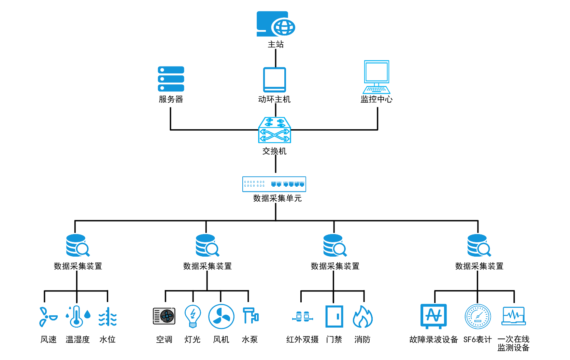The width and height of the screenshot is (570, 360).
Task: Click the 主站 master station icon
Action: [x=275, y=24]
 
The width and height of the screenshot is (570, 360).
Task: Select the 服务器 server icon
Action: [x=171, y=79]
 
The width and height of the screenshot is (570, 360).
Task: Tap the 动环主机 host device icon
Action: [x=274, y=80]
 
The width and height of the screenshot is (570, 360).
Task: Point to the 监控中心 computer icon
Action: [x=376, y=77]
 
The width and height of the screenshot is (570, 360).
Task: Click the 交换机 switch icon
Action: [x=275, y=130]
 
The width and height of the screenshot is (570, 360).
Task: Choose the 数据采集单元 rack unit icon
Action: [x=274, y=184]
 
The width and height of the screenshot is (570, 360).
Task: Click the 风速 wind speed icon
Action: [x=47, y=317]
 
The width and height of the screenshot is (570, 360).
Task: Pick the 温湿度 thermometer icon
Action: [x=78, y=317]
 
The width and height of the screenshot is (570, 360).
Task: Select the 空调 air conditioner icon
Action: [x=164, y=316]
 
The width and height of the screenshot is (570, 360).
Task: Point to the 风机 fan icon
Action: [x=221, y=317]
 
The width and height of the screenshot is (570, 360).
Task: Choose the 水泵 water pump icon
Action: [x=251, y=316]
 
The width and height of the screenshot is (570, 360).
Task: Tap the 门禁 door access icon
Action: [x=334, y=317]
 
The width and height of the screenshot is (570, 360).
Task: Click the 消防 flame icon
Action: [x=362, y=317]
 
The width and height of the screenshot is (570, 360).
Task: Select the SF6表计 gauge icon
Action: [x=478, y=317]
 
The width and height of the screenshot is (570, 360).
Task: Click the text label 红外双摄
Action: [x=302, y=340]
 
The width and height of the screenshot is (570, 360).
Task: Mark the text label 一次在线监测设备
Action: [x=513, y=344]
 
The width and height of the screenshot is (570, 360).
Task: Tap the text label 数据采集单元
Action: [x=277, y=198]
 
